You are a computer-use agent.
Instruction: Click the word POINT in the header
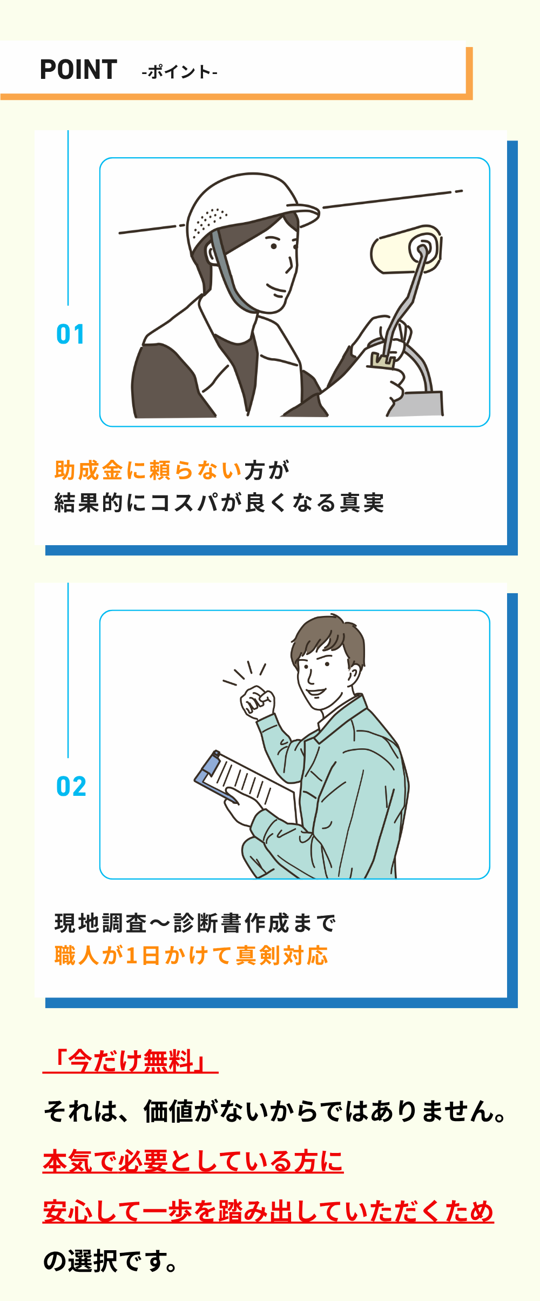[79, 70]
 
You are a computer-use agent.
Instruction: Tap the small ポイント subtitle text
[179, 72]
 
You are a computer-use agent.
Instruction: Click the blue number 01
[70, 334]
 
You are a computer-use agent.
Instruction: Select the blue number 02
[71, 787]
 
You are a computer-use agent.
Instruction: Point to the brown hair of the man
[327, 640]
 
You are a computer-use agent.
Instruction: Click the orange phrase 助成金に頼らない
[148, 471]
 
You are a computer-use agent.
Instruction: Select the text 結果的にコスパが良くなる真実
[219, 503]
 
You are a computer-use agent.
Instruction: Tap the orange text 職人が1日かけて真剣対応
[191, 956]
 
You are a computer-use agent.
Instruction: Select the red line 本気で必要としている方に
[193, 1162]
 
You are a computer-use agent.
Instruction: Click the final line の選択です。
[111, 1262]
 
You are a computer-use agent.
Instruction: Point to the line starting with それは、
[275, 1111]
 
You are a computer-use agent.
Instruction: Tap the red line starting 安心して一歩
[268, 1211]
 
